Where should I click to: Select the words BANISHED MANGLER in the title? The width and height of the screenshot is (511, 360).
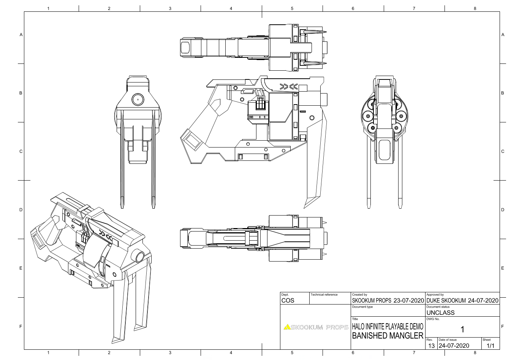[388, 336]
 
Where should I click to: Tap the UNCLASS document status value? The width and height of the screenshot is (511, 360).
[440, 312]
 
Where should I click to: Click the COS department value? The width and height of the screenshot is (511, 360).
[288, 300]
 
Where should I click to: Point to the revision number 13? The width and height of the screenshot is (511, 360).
[431, 346]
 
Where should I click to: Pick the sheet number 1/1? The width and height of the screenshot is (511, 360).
[490, 346]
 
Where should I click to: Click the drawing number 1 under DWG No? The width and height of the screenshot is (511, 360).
[462, 329]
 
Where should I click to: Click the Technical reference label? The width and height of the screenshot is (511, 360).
[324, 295]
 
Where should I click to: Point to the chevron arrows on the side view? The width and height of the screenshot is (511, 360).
[288, 87]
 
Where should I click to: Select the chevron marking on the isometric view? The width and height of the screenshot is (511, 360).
[106, 235]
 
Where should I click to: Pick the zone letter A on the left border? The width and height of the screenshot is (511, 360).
[21, 35]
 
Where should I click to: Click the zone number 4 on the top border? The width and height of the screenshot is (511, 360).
[231, 8]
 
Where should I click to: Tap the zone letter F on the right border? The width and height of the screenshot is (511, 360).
[503, 326]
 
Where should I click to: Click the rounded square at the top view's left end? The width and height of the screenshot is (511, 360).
[185, 48]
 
